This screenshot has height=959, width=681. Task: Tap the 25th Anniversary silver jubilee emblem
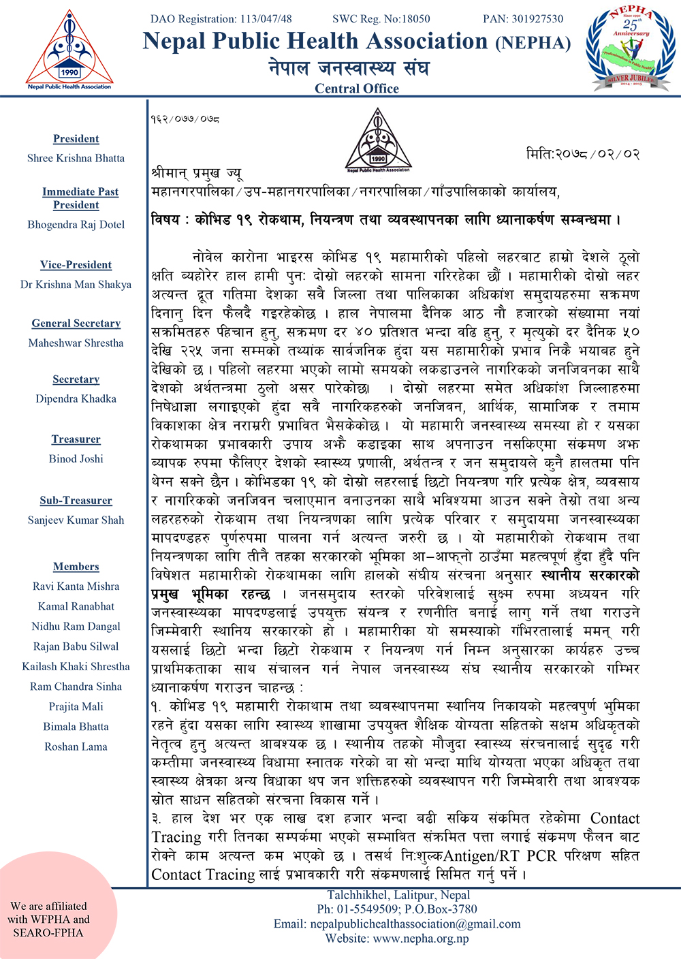[x=631, y=50]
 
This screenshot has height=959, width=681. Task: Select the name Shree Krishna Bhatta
[x=76, y=158]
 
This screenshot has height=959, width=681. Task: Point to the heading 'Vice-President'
[x=76, y=265]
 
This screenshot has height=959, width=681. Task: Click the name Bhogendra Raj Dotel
[x=76, y=225]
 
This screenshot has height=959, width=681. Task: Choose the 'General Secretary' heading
[x=76, y=324]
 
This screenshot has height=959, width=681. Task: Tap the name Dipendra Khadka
[x=76, y=399]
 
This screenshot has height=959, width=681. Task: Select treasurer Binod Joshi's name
[x=76, y=459]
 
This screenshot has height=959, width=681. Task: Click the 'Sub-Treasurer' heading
[x=76, y=501]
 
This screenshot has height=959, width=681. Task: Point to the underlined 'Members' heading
[x=76, y=567]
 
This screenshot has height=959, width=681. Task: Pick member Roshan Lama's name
[x=76, y=747]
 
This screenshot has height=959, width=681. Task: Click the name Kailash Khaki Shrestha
[x=76, y=667]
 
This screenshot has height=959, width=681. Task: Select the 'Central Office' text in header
[x=357, y=89]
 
